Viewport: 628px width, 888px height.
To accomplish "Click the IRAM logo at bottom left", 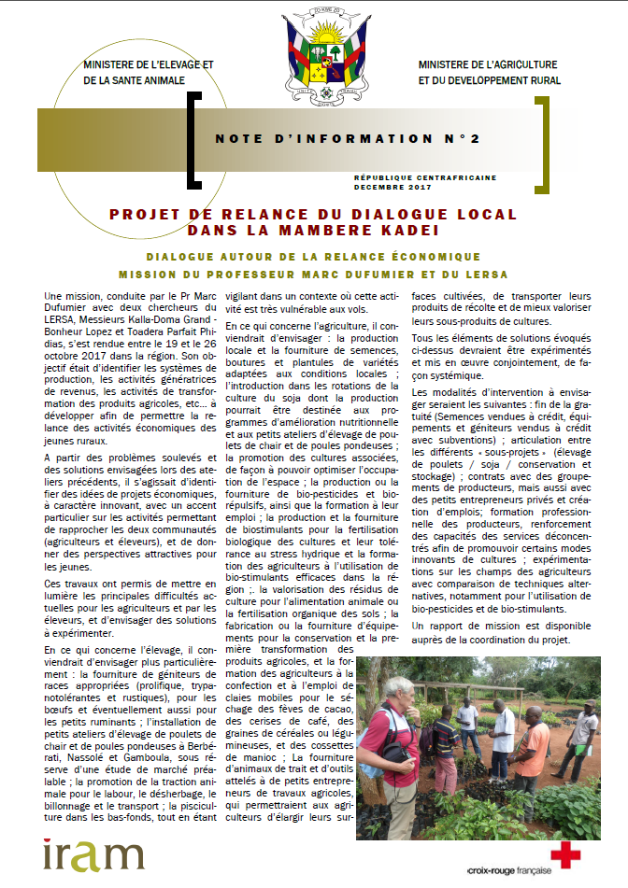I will pos(93,855).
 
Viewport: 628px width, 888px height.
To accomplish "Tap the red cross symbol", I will pos(565,854).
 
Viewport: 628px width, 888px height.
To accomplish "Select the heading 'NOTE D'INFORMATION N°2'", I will pos(348,139).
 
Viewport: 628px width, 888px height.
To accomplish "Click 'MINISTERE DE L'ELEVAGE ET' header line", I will pos(149,65).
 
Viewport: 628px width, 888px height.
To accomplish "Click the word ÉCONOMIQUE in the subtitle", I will pos(431,256).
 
